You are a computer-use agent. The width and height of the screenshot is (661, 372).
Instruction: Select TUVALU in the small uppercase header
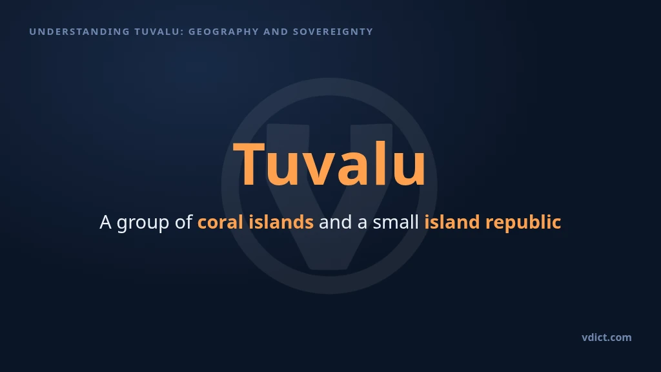coord(157,32)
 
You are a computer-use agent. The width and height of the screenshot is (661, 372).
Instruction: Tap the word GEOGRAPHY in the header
coord(223,32)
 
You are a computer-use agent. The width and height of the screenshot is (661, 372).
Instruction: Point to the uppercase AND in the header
coord(276,32)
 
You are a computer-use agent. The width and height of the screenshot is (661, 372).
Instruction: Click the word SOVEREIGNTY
coord(333,32)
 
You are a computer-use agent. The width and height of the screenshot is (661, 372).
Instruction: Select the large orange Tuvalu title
coord(329,163)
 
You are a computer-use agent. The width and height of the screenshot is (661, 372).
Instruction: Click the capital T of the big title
coord(249,163)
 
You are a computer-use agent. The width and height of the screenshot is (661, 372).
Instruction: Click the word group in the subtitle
coord(143,223)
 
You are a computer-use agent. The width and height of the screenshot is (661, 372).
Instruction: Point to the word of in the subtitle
coord(183,222)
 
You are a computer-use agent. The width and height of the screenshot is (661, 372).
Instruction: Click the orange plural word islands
coord(281,222)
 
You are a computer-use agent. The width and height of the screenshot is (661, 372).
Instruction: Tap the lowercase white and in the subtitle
coord(335,222)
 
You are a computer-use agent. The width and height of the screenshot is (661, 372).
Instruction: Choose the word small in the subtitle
coord(396,222)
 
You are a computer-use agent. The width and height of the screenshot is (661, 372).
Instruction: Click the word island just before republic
coord(452,222)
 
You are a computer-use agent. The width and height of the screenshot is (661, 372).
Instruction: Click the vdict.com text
coord(607,337)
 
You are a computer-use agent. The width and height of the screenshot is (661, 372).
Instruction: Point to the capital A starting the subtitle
coord(105,222)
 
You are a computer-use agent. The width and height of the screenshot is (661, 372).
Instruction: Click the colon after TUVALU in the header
coord(182,32)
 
